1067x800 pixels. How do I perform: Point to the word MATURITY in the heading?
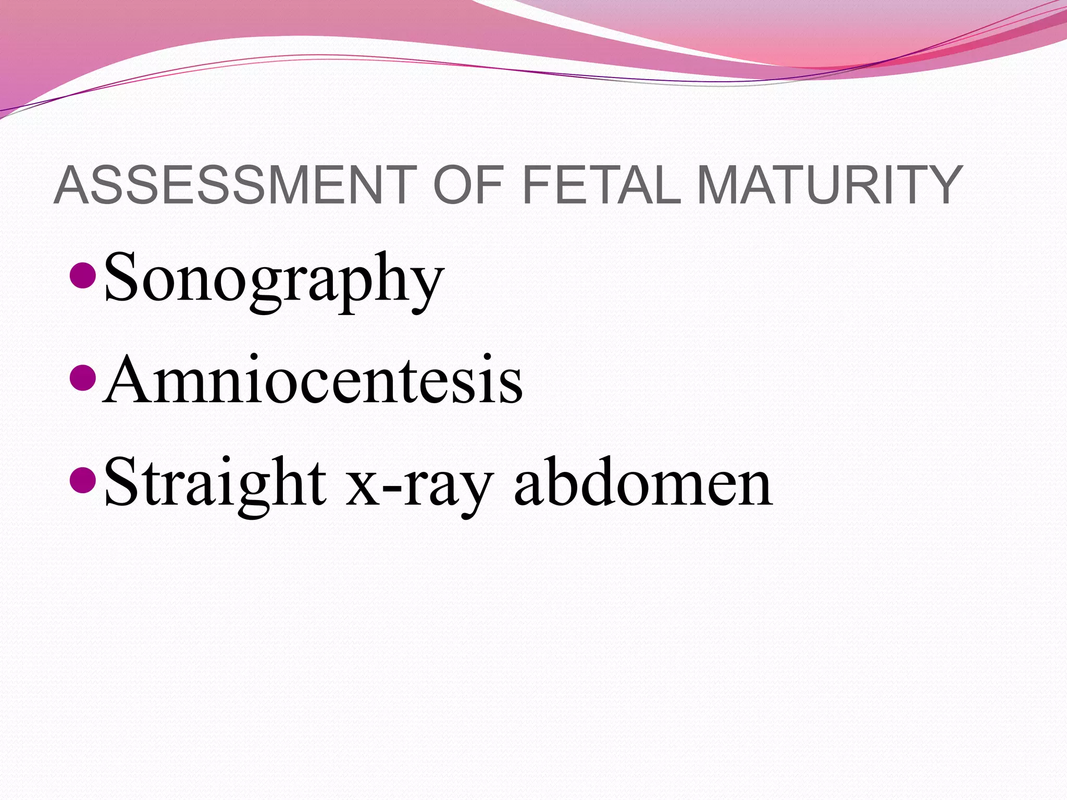829,184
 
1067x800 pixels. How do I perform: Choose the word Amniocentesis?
313,380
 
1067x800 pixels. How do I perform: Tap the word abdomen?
643,482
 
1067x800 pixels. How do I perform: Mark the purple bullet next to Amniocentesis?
82,379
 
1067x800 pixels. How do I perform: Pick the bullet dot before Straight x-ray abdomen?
82,481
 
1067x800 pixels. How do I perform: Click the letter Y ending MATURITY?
941,184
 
